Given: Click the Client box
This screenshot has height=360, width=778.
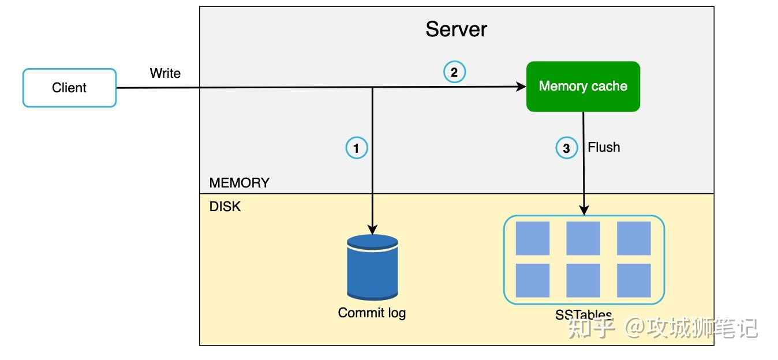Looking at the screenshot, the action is [x=69, y=88].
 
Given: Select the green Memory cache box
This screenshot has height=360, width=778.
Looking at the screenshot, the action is [x=583, y=87].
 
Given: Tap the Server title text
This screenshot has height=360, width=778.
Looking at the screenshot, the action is [x=456, y=29].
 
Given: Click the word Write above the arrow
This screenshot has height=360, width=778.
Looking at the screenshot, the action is [x=165, y=73].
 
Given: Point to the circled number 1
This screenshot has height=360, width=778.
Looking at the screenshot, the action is [x=357, y=148].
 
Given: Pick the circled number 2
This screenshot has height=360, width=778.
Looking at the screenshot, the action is [x=454, y=72].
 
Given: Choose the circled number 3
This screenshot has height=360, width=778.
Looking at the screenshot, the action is [x=567, y=148].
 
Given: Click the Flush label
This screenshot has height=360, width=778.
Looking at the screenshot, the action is [x=604, y=147].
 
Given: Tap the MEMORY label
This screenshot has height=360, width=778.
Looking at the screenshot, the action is [x=240, y=183].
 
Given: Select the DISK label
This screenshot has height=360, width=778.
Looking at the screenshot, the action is [x=225, y=207].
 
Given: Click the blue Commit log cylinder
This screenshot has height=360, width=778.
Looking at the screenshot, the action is [x=372, y=267].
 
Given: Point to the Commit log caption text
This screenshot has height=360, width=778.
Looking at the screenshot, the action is [x=372, y=313].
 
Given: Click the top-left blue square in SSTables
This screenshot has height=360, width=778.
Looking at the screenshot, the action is [x=533, y=238].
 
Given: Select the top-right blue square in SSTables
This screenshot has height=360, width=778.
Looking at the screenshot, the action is [x=634, y=238].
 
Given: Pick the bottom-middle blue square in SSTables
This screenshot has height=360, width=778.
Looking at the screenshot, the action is [x=583, y=280].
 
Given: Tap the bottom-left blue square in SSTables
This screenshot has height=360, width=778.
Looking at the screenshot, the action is [x=533, y=280].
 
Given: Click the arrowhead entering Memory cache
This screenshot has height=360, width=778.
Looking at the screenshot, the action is [x=521, y=87].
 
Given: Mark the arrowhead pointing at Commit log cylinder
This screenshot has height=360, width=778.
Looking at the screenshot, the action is [x=372, y=230].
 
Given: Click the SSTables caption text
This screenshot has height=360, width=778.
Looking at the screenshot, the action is [x=583, y=315].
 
